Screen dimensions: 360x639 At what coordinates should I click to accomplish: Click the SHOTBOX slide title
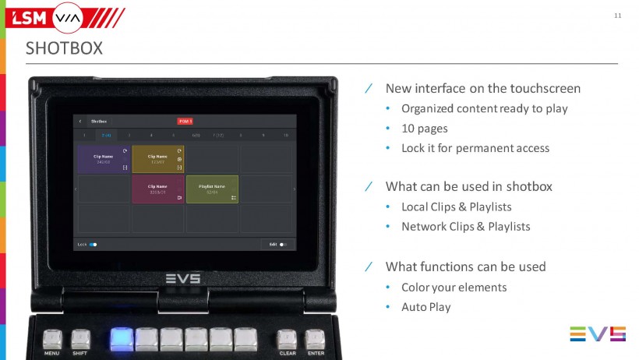click(x=64, y=48)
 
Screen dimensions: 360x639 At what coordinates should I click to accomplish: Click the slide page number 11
click(x=618, y=16)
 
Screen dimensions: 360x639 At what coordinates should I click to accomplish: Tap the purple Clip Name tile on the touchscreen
click(x=104, y=159)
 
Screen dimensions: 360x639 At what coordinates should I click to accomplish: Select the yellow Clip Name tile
click(x=158, y=159)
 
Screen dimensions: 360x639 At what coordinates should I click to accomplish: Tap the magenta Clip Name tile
click(x=158, y=189)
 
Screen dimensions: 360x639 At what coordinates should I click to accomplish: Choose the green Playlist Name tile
click(x=212, y=189)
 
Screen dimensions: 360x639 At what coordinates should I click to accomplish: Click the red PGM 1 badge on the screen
click(x=185, y=121)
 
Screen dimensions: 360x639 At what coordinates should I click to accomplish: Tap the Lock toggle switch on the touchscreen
click(x=93, y=244)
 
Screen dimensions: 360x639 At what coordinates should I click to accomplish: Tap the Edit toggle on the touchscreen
click(x=283, y=244)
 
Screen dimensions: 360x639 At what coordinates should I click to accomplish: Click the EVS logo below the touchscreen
click(x=183, y=278)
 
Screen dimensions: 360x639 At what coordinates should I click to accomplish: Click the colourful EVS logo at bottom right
click(x=598, y=334)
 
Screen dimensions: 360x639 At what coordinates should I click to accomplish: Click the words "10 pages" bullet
click(x=425, y=128)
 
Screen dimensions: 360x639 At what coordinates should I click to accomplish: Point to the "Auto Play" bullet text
click(x=426, y=307)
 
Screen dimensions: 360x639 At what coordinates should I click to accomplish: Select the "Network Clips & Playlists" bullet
click(x=465, y=227)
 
